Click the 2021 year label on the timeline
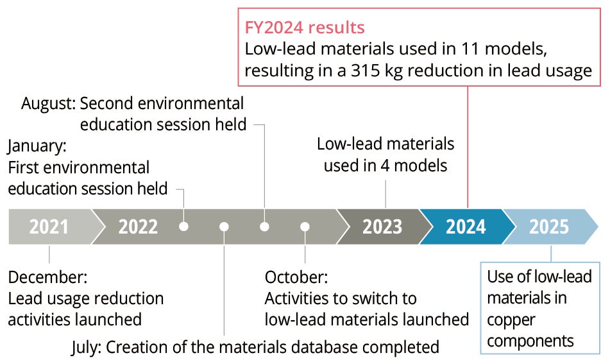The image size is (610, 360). click(x=49, y=227)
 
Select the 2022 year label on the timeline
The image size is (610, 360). click(x=138, y=227)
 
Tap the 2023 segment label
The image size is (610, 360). click(x=382, y=227)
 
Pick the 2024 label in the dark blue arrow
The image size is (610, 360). click(x=466, y=227)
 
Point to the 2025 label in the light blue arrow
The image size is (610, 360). click(x=549, y=227)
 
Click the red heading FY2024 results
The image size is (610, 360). click(x=305, y=28)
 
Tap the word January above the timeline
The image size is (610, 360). click(x=37, y=146)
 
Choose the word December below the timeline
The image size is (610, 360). click(x=47, y=278)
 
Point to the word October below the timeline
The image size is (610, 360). click(x=296, y=278)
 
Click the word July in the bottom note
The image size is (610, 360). click(x=85, y=347)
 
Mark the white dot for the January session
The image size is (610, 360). click(x=184, y=227)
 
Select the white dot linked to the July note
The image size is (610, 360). click(x=224, y=227)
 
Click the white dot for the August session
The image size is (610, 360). click(x=264, y=227)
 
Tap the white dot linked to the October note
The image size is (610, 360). click(x=305, y=227)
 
